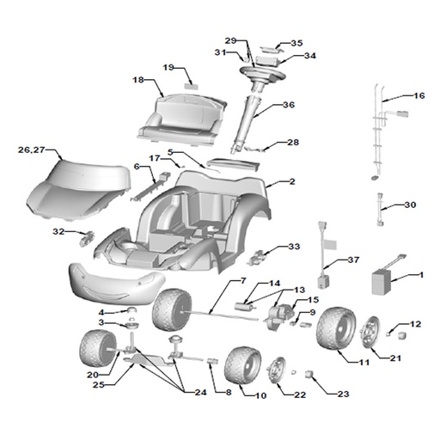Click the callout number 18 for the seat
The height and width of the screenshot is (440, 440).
pos(138,80)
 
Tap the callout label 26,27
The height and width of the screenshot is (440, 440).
pos(32,150)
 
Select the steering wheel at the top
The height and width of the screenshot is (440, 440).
pos(262,72)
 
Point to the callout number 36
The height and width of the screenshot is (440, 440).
pos(289,105)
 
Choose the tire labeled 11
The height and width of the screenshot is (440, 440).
pos(336,328)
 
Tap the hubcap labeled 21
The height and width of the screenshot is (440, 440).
pos(370,333)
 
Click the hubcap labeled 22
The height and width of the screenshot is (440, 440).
pos(276,370)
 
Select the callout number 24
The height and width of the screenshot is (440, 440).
pos(200,392)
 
